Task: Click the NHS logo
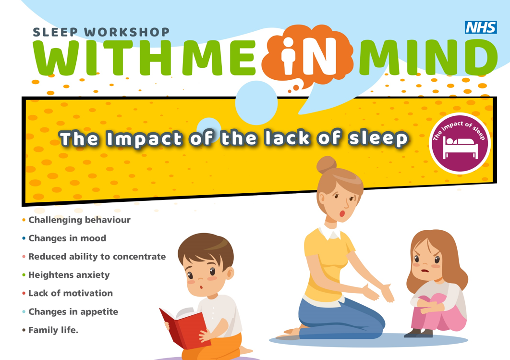pyautogui.click(x=481, y=27)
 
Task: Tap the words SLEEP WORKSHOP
pyautogui.click(x=101, y=32)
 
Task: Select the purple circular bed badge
pyautogui.click(x=460, y=143)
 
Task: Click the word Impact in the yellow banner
pyautogui.click(x=144, y=138)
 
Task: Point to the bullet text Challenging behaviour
pyautogui.click(x=79, y=220)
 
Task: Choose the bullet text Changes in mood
pyautogui.click(x=67, y=238)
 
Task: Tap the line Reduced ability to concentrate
pyautogui.click(x=97, y=257)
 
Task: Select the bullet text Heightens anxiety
pyautogui.click(x=69, y=275)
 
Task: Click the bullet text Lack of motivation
pyautogui.click(x=71, y=293)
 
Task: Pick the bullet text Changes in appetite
pyautogui.click(x=73, y=312)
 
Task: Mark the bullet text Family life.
pyautogui.click(x=53, y=330)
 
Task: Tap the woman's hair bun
pyautogui.click(x=327, y=165)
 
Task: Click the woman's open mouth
pyautogui.click(x=342, y=213)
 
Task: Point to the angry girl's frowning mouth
pyautogui.click(x=425, y=271)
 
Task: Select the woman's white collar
pyautogui.click(x=330, y=232)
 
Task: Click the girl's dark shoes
pyautogui.click(x=419, y=333)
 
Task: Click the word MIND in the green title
pyautogui.click(x=428, y=58)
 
